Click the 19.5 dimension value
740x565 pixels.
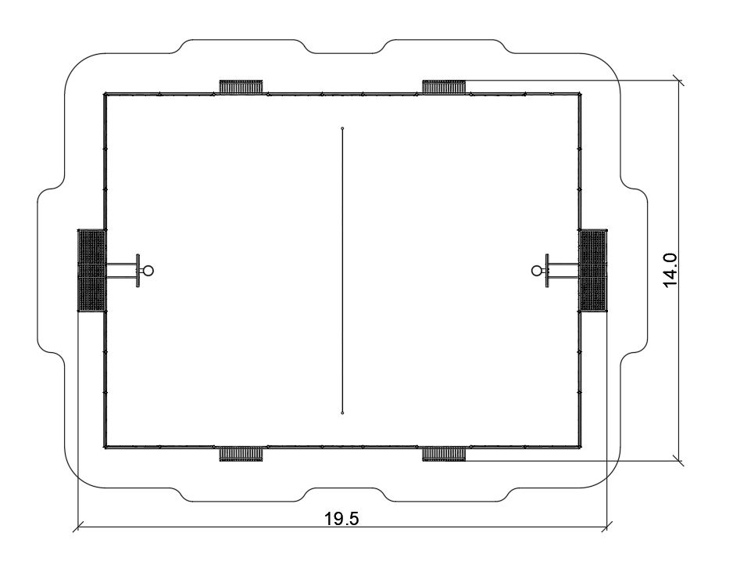[x=341, y=518]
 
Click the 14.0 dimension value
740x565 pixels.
[x=670, y=270]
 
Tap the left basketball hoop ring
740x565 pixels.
[x=148, y=271]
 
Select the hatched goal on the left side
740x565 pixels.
[x=91, y=271]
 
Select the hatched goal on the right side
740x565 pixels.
[x=593, y=271]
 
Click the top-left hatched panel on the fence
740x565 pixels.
[x=241, y=87]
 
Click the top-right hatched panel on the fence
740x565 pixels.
[x=444, y=87]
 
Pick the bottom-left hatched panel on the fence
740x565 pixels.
[x=241, y=454]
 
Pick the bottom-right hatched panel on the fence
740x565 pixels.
[x=444, y=454]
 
